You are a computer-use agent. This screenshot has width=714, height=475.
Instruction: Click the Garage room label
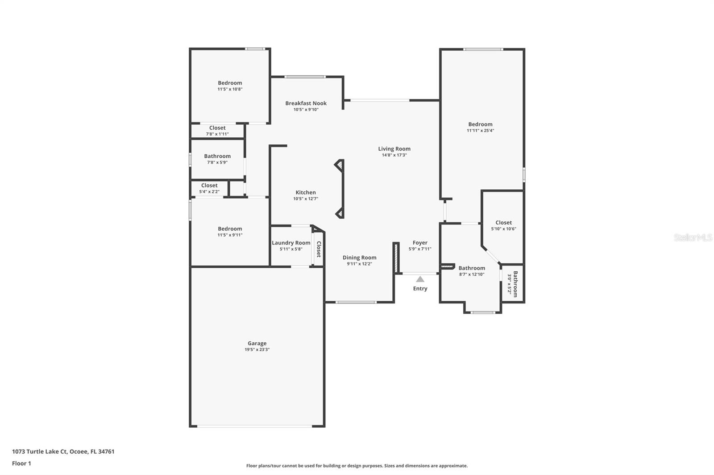[x=257, y=343]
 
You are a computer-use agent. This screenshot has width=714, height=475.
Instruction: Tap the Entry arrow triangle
[x=420, y=279]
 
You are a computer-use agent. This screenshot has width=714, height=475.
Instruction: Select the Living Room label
[x=394, y=149]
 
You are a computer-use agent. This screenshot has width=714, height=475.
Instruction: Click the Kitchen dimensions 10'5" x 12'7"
[x=306, y=199]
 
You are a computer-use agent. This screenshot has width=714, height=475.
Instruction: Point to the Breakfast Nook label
[x=306, y=103]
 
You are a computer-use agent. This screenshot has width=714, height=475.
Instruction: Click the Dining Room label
[x=359, y=258]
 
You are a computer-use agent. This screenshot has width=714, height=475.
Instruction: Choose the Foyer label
[x=420, y=243]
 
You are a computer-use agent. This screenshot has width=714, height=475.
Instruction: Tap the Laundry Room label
[x=291, y=243]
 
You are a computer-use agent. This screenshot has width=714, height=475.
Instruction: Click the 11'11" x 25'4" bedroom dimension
[x=480, y=131]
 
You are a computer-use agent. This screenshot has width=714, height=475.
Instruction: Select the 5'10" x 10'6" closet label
[x=503, y=222]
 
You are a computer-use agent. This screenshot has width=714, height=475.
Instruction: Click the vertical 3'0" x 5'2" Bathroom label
[x=515, y=284]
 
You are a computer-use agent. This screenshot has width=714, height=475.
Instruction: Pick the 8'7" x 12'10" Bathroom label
[x=472, y=268]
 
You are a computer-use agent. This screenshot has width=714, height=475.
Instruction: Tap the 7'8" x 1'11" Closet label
[x=217, y=128]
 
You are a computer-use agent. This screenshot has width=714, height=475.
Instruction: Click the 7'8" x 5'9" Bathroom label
[x=217, y=156]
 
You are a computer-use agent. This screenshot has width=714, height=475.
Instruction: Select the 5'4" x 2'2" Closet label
[x=209, y=185]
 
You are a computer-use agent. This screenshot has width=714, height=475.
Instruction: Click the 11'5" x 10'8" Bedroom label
[x=230, y=83]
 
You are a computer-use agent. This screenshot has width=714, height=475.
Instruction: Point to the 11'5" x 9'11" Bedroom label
[x=230, y=229]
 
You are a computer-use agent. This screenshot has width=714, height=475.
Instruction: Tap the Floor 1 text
[x=21, y=463]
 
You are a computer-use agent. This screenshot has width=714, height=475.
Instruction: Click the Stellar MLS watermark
[x=693, y=237]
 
